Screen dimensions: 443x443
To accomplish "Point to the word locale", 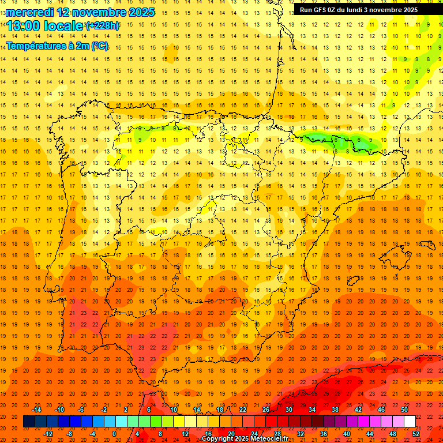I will click(x=63, y=26).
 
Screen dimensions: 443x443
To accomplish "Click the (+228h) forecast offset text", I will click(x=103, y=26).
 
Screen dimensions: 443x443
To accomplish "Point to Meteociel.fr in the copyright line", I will click(x=268, y=439).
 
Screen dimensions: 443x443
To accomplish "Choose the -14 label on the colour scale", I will click(x=36, y=410).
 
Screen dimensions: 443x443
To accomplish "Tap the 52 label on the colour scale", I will click(x=416, y=434).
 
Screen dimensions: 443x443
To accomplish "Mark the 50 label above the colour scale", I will click(x=404, y=410).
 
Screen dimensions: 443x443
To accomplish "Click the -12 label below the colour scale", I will click(x=48, y=434).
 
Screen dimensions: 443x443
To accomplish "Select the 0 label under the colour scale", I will click(x=114, y=434).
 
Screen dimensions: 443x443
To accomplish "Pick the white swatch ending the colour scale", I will click(x=410, y=422).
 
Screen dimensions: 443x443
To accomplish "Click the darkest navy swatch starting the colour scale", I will click(x=29, y=422).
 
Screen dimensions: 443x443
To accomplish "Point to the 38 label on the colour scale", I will click(x=335, y=410).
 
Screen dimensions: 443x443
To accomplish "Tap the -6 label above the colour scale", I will click(x=81, y=410).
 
